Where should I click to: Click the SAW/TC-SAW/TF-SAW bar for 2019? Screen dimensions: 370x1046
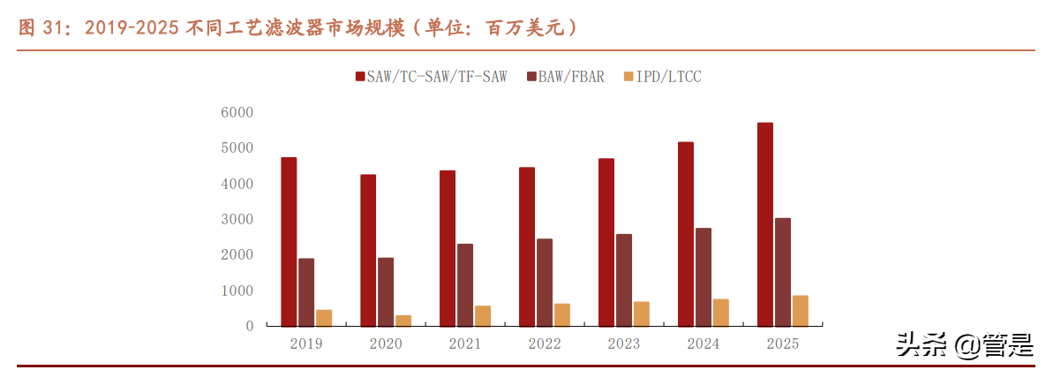click(289, 241)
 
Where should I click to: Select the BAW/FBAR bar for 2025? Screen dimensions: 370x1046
click(783, 271)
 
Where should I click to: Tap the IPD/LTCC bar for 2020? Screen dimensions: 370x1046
click(403, 321)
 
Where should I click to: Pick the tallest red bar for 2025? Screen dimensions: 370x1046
click(764, 224)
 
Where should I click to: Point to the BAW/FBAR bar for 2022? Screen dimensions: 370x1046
click(545, 282)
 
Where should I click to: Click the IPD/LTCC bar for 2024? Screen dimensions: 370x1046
click(720, 313)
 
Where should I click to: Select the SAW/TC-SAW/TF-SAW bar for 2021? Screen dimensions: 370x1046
click(448, 248)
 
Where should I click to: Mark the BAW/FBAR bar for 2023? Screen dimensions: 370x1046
click(624, 280)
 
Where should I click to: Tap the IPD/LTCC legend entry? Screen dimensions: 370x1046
click(668, 77)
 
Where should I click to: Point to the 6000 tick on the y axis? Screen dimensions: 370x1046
click(237, 112)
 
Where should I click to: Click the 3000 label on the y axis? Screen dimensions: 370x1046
click(237, 219)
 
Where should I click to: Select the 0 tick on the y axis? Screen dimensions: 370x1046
click(249, 326)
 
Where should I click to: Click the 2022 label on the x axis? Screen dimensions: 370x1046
click(545, 344)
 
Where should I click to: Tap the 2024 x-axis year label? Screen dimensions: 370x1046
click(703, 344)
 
